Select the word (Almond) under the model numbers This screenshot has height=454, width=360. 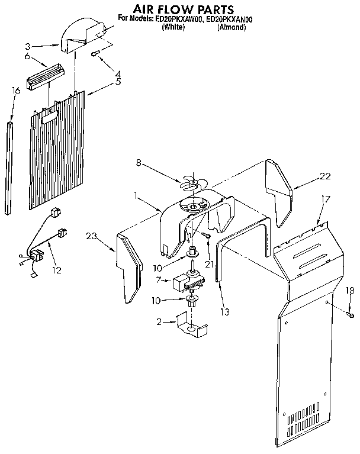(232, 27)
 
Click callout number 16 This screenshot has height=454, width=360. (16, 90)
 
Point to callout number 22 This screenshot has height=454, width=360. (324, 175)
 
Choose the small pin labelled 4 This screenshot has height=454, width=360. (95, 53)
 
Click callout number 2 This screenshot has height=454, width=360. (157, 322)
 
